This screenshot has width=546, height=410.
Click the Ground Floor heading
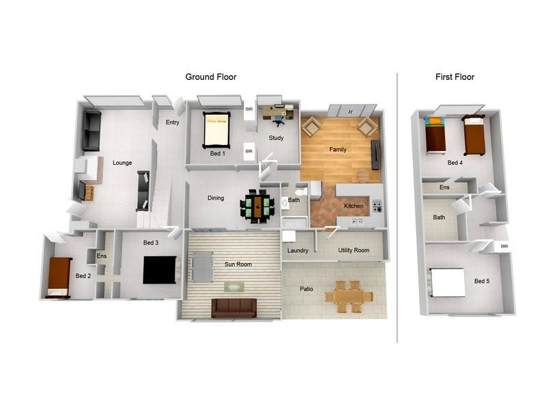pos(211,77)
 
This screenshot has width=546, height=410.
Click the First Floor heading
pos(455,77)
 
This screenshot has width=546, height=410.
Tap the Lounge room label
pos(122,163)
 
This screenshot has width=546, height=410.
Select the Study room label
pos(276,138)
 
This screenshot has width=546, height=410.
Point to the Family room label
pos(337,150)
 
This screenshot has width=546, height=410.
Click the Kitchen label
pos(353,206)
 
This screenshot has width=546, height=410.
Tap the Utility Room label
pos(354,251)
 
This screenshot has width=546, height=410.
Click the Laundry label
pos(298,251)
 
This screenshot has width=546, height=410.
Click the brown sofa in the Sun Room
pos(233,307)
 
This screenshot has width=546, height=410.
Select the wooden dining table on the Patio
pos(348,296)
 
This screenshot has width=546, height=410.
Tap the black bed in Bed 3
pos(160,269)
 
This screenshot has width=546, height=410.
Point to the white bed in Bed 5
pos(447,282)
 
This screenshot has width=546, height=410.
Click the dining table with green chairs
pos(258,206)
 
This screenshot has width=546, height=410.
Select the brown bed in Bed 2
pos(59,277)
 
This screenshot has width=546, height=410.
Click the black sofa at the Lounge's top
pos(91,131)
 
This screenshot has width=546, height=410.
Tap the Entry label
pos(172,123)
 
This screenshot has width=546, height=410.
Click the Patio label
pos(306,289)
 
